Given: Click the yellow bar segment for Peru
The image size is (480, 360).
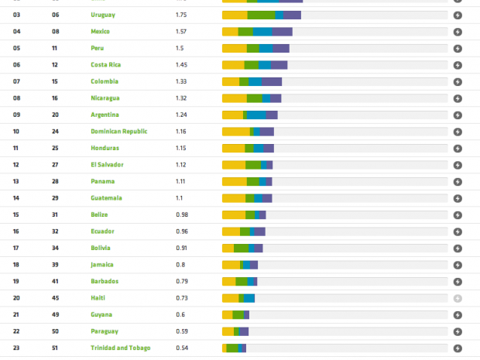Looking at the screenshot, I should pyautogui.click(x=234, y=48).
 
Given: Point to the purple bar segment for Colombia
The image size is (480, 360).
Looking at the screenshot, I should pyautogui.click(x=271, y=81).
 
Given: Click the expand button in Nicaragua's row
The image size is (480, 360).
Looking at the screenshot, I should pyautogui.click(x=458, y=98).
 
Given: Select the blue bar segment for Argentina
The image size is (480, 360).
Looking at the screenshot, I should pyautogui.click(x=256, y=115).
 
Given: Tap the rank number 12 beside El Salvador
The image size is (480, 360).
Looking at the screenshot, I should pyautogui.click(x=16, y=165).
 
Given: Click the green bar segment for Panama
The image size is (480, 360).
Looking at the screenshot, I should pyautogui.click(x=253, y=181).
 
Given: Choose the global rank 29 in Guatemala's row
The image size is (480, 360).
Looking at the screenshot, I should pyautogui.click(x=55, y=198).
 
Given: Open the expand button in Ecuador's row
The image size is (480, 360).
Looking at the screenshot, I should pyautogui.click(x=458, y=231).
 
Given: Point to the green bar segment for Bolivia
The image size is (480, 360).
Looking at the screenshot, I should pyautogui.click(x=242, y=248).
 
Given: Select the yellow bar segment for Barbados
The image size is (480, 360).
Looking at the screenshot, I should pyautogui.click(x=228, y=281).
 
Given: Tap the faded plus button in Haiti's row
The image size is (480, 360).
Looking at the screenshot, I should pyautogui.click(x=458, y=298).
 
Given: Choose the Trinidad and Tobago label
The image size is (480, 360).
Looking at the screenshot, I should pyautogui.click(x=120, y=348).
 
